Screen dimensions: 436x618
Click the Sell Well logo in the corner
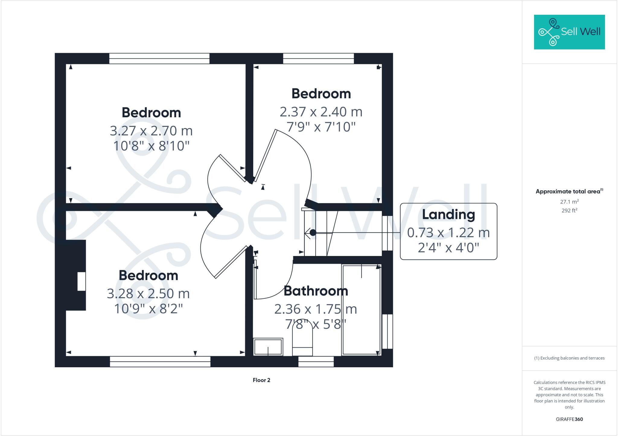[x=569, y=32]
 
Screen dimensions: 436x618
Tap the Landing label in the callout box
[x=448, y=215]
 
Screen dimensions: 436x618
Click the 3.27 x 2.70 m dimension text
[x=151, y=131]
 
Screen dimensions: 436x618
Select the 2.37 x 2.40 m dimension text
[x=321, y=112]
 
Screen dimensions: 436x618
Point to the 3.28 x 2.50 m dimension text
[x=148, y=294]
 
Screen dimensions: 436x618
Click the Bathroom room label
[x=316, y=291]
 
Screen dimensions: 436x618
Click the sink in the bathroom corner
[x=268, y=347]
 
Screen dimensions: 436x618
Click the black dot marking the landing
[x=313, y=232]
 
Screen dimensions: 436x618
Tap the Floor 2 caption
[x=261, y=380]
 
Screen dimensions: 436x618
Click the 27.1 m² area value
[x=569, y=201]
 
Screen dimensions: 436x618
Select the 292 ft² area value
[x=569, y=210]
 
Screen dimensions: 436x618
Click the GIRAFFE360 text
[x=569, y=419]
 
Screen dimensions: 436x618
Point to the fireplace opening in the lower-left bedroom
[x=81, y=281]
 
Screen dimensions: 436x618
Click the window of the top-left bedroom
[x=159, y=58]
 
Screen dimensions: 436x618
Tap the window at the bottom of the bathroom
[x=316, y=362]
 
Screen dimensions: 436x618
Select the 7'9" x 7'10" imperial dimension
[x=321, y=127]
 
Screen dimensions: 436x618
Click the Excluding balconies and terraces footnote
[x=569, y=358]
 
